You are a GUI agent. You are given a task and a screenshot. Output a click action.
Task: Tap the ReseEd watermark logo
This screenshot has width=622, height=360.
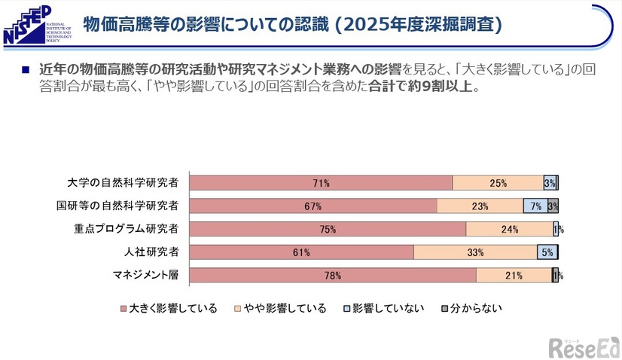[583, 346]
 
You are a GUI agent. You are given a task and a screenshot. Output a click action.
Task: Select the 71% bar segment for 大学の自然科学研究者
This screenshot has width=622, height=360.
[321, 182]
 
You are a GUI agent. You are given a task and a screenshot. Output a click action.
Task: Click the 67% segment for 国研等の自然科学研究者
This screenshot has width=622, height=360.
[313, 206]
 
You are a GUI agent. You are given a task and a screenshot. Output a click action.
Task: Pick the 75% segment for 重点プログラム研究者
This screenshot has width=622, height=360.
[328, 229]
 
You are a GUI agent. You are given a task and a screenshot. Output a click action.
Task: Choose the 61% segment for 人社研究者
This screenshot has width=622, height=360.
[301, 252]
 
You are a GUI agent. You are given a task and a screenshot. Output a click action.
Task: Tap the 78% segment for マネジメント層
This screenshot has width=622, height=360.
[332, 276]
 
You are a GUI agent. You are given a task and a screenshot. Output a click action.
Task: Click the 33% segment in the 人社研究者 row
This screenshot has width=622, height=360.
[475, 252]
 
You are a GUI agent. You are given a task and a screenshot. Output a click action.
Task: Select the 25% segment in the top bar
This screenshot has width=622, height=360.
[498, 182]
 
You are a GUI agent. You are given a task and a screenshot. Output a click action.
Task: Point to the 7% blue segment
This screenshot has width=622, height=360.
[535, 206]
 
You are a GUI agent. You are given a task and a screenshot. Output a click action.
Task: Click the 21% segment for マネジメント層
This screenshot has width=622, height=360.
[514, 276]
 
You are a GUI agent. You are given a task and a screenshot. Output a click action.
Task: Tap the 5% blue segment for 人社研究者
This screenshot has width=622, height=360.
[547, 252]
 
